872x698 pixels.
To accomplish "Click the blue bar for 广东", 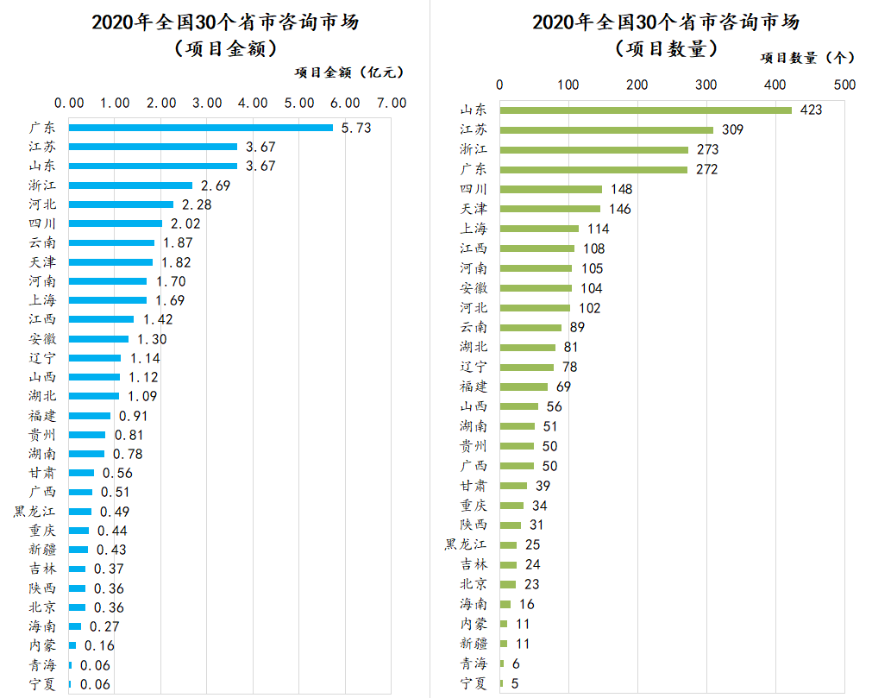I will (200, 128).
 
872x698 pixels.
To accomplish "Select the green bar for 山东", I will (645, 110).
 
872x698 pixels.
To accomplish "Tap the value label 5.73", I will (355, 128).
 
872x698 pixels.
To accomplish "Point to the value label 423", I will (811, 110).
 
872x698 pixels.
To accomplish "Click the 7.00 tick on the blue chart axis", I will (392, 103).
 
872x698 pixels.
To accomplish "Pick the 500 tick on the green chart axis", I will (844, 85).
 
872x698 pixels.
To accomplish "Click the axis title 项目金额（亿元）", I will (348, 72).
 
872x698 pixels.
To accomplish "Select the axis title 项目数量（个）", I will (806, 58).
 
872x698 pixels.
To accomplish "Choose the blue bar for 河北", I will (121, 204).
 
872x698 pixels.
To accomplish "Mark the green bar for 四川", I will (550, 189).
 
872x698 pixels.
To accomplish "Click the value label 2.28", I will (194, 204).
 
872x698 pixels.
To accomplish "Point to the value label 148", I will (621, 189).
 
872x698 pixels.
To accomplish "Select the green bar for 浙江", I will (593, 149).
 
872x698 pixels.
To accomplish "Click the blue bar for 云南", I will (111, 242).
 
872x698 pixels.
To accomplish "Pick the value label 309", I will (732, 129).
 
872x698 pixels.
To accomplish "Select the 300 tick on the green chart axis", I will (706, 85).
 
